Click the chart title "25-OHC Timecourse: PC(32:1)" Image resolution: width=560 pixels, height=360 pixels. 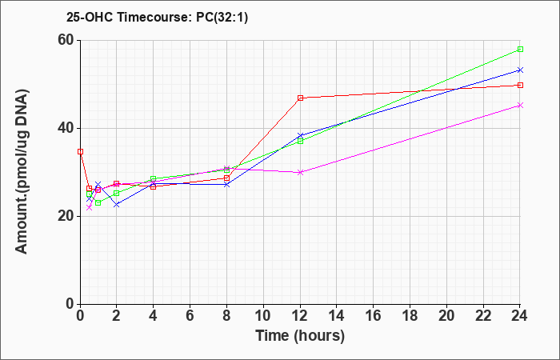pyautogui.click(x=157, y=17)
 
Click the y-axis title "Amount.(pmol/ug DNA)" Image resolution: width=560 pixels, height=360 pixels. pyautogui.click(x=22, y=172)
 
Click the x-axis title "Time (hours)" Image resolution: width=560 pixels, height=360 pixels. pyautogui.click(x=300, y=336)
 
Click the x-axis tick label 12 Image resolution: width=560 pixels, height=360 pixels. pyautogui.click(x=300, y=316)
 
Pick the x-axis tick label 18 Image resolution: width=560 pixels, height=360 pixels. pyautogui.click(x=410, y=316)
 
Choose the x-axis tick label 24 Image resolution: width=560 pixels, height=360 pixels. pyautogui.click(x=520, y=316)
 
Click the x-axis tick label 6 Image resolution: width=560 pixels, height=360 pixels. pyautogui.click(x=190, y=316)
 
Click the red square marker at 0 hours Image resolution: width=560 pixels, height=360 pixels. pyautogui.click(x=80, y=151)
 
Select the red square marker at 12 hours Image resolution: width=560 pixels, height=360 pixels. pyautogui.click(x=300, y=98)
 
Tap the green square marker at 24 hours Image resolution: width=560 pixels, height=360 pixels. pyautogui.click(x=520, y=49)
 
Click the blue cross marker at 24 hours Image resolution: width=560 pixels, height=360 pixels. pyautogui.click(x=520, y=70)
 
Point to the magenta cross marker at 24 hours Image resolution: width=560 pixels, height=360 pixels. pyautogui.click(x=520, y=105)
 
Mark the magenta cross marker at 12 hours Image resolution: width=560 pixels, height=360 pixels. pyautogui.click(x=300, y=172)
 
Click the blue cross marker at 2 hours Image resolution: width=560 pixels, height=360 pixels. pyautogui.click(x=117, y=205)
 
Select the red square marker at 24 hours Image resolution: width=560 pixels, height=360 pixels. pyautogui.click(x=520, y=85)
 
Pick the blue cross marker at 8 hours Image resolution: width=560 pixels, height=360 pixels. pyautogui.click(x=226, y=184)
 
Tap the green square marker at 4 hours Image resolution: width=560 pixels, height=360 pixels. pyautogui.click(x=154, y=178)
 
